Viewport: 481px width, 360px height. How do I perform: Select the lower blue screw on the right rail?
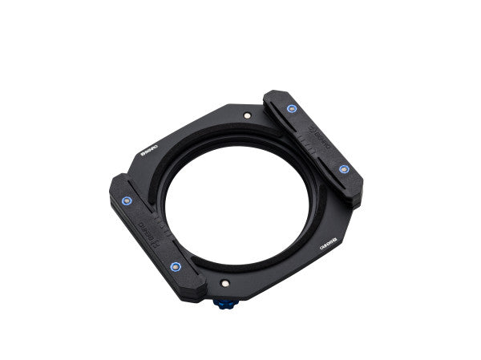coord(344,169)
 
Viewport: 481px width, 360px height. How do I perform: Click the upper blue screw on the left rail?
coord(125,201)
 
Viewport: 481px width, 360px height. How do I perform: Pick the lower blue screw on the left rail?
coord(176,266)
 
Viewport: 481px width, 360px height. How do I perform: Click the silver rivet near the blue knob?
coord(227,284)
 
